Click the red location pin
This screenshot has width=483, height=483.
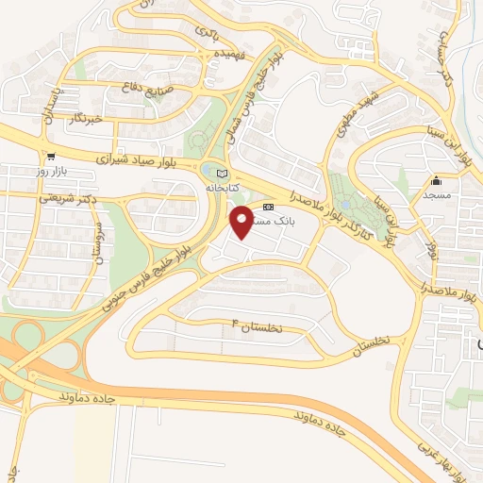pyautogui.click(x=242, y=221)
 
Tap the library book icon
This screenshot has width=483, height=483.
pyautogui.click(x=223, y=175)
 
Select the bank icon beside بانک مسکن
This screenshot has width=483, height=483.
pyautogui.click(x=269, y=208)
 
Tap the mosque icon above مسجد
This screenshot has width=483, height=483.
pyautogui.click(x=436, y=181)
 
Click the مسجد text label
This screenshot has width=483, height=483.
pyautogui.click(x=438, y=194)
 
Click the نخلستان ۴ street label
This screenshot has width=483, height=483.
pyautogui.click(x=270, y=326)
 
